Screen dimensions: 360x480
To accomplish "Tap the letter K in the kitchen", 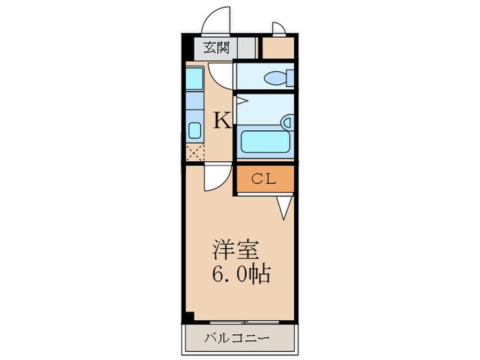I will (x=221, y=120).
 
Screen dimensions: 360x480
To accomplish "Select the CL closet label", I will (x=263, y=180).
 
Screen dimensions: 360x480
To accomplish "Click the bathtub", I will (x=266, y=143).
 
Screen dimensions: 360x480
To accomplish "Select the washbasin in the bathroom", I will (x=287, y=123).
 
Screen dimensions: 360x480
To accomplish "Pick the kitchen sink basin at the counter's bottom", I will (x=193, y=130).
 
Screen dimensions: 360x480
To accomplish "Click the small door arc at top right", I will (x=280, y=28).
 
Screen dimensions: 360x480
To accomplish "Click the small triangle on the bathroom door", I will (x=241, y=101).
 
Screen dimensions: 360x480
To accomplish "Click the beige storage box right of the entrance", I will (x=278, y=48).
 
